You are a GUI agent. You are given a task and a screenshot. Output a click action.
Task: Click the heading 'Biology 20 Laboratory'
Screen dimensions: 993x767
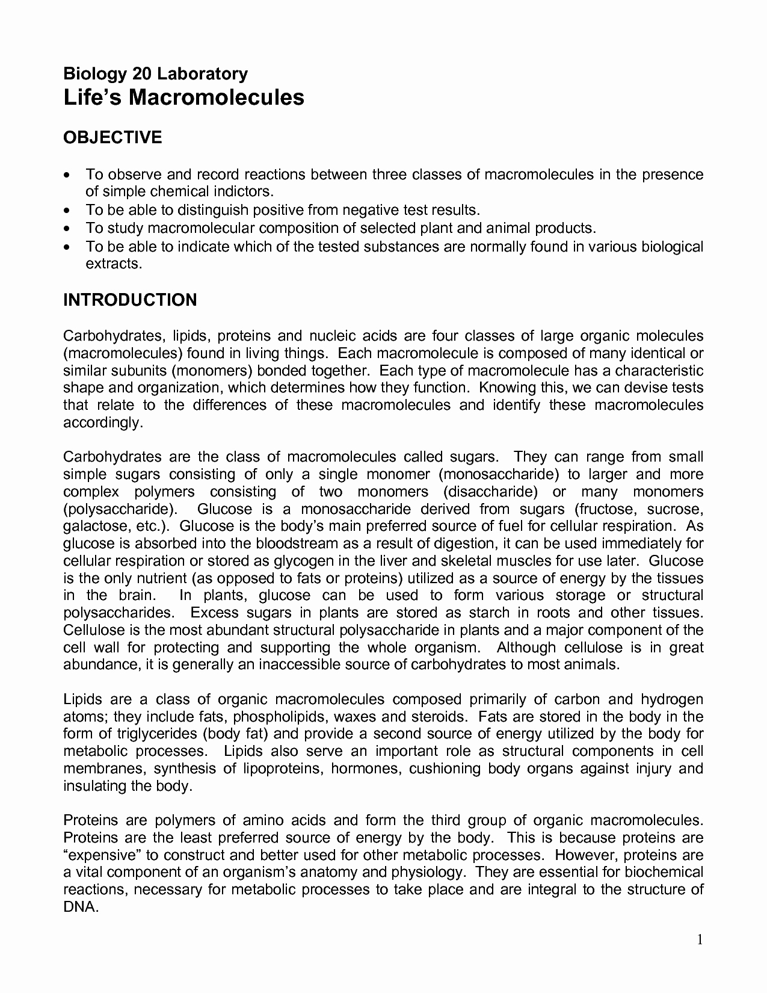point(155,74)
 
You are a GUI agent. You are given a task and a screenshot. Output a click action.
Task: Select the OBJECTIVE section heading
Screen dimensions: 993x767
point(112,137)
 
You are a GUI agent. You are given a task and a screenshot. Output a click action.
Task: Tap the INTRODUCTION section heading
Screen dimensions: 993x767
point(130,300)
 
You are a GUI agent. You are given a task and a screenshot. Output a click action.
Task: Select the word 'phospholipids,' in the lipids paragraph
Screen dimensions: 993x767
point(280,717)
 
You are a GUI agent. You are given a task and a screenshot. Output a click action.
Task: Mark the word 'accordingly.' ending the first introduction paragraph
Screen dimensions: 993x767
point(103,422)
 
